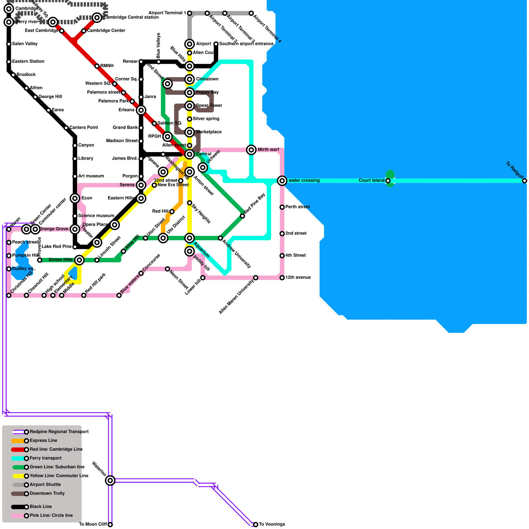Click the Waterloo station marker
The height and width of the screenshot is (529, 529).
point(110,480)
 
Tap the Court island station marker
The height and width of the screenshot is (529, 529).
point(388,181)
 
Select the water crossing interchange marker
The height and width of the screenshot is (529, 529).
point(282,181)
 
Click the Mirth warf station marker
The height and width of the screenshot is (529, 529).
point(251,150)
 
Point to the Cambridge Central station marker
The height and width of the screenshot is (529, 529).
point(97,18)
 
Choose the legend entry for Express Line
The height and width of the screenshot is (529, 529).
point(43,440)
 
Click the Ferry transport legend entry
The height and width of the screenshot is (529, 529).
point(45,458)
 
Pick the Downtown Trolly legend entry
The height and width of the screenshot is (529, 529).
point(47,493)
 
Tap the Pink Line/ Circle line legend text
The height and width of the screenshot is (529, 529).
point(51,515)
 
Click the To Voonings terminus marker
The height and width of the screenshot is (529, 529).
point(256,524)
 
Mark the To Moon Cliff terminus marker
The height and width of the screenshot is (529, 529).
point(110,524)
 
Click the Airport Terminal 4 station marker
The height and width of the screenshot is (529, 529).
point(251,13)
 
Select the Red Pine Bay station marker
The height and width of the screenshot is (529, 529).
point(242,216)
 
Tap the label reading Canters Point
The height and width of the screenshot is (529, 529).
point(84,128)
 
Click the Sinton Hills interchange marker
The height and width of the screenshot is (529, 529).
point(79,260)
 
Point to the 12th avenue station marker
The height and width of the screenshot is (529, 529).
point(282,278)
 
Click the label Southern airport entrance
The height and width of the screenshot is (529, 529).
point(246,44)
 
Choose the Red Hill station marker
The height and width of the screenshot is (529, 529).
point(172,212)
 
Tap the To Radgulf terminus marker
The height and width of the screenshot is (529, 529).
point(524,181)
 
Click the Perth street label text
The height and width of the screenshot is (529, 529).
point(298,207)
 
